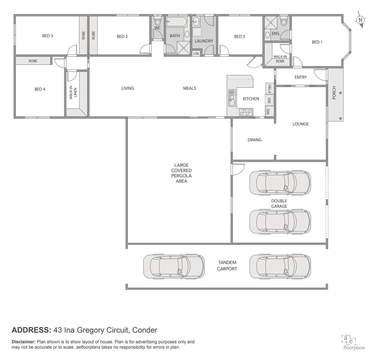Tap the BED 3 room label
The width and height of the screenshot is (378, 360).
(47, 36)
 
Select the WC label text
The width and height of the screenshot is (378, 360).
(157, 28)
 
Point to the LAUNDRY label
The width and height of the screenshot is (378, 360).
(204, 41)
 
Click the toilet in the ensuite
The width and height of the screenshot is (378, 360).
(284, 22)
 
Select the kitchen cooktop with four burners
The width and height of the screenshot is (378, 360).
(246, 112)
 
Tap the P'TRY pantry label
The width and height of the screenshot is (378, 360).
(270, 88)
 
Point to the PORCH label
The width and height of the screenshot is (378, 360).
(334, 93)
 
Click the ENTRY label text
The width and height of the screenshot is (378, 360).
(300, 77)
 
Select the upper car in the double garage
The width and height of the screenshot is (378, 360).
(280, 182)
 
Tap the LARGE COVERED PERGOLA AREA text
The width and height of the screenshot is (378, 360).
(181, 173)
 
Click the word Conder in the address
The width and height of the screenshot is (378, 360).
(144, 330)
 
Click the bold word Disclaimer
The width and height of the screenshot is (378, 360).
(23, 342)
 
